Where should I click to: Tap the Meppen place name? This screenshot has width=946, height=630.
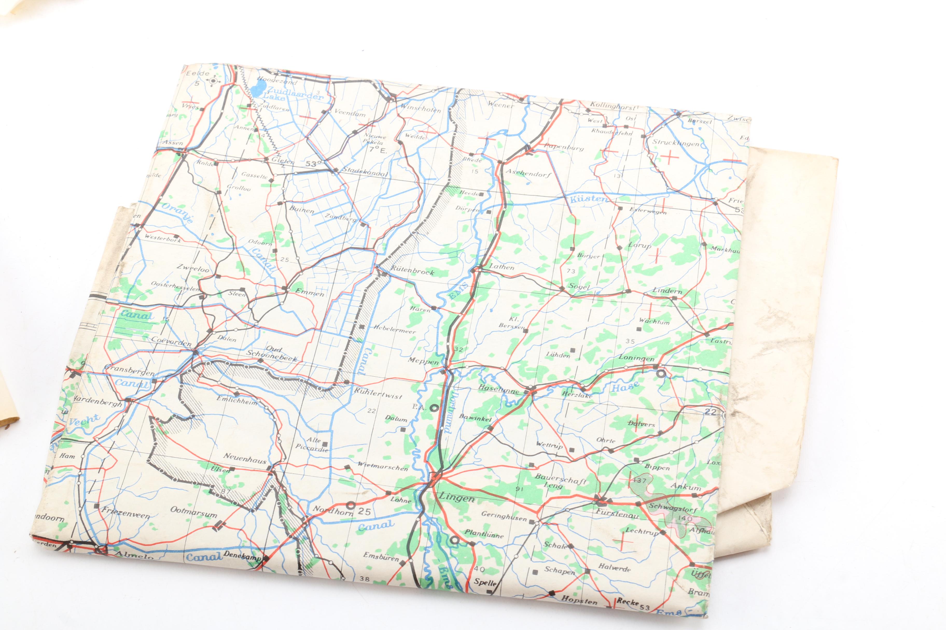coord(423,361)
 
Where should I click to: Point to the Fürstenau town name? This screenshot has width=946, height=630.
coord(617,513)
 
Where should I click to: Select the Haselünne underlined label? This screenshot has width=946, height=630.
coord(498,389)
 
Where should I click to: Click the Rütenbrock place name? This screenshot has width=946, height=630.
coord(412,271)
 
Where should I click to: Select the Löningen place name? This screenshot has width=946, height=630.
coord(636,357)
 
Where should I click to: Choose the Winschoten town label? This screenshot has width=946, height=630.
coord(420,109)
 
